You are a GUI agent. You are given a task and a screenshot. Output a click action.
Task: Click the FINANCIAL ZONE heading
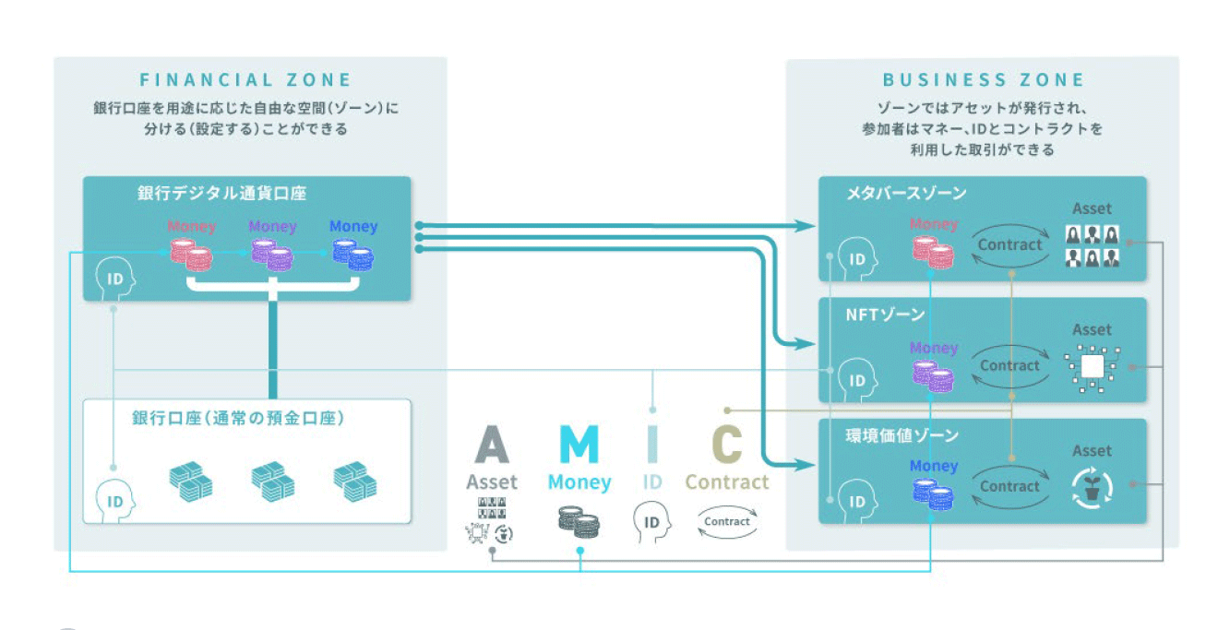point(245,80)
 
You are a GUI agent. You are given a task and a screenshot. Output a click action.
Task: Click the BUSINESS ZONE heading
point(984,80)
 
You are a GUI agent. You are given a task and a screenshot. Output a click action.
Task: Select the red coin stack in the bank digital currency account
point(191,255)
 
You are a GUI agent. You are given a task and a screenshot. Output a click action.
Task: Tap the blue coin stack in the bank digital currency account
point(353,255)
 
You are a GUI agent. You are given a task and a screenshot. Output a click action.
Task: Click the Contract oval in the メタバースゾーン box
point(1009,245)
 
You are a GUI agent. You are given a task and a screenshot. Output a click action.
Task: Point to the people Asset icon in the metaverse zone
point(1092,246)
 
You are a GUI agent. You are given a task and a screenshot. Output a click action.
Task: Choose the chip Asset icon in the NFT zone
point(1092,367)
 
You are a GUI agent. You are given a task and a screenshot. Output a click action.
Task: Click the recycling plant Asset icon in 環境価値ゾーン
point(1093,489)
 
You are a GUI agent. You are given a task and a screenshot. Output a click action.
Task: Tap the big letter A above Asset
point(492,445)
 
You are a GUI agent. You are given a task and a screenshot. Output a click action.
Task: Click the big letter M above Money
point(579,445)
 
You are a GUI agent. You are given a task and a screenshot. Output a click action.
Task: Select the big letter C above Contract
point(727,445)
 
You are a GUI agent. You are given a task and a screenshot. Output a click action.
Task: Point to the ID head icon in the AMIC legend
point(651,522)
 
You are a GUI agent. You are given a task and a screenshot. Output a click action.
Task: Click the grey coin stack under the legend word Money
point(579,523)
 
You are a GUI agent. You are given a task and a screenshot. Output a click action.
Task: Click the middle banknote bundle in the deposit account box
point(272,481)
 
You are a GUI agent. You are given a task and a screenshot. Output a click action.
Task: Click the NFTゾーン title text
point(885,315)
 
